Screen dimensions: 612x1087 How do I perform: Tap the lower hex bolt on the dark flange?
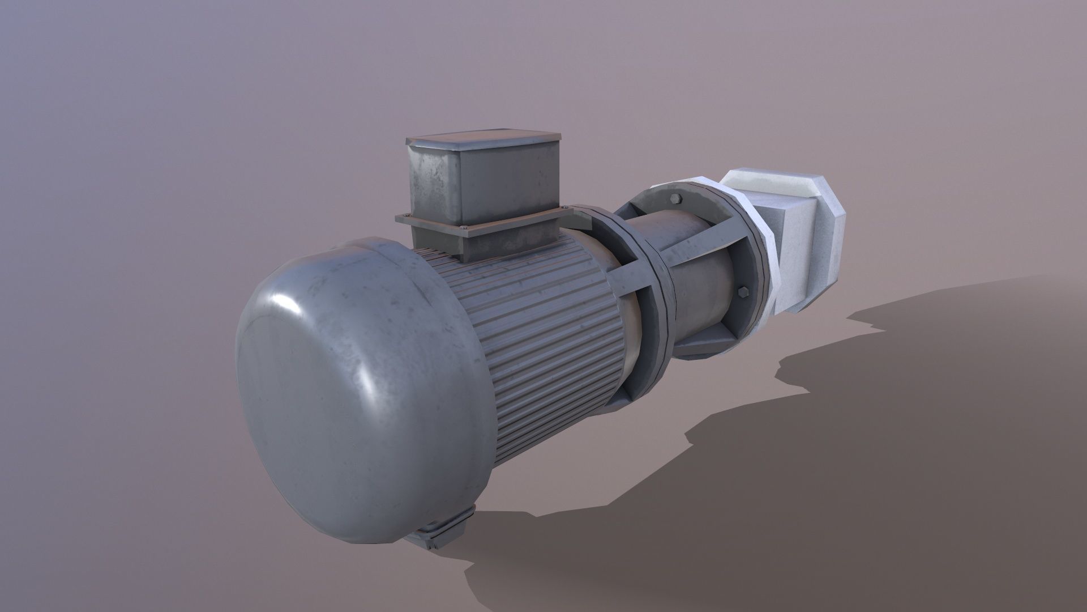click(x=742, y=292)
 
